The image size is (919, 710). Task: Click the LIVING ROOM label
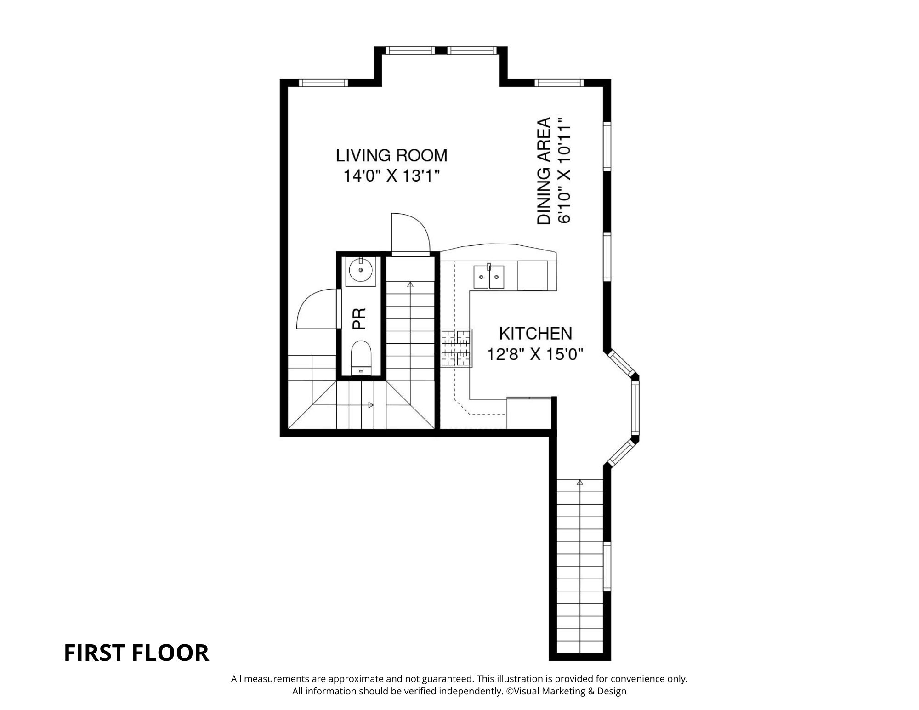(391, 156)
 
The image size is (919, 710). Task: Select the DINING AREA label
(544, 171)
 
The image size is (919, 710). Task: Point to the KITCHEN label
(535, 333)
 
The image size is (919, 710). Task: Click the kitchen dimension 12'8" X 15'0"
(535, 354)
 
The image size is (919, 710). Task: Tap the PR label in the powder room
(359, 318)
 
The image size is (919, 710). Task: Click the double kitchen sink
(489, 277)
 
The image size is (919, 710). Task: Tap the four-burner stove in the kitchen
(457, 348)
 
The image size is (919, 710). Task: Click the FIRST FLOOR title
(136, 653)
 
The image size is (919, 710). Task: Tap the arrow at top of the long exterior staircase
(580, 483)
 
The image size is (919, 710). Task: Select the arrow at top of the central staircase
(410, 284)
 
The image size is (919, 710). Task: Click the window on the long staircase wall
(607, 567)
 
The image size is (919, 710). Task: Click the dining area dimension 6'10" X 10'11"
(564, 171)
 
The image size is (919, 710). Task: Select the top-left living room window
(323, 83)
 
